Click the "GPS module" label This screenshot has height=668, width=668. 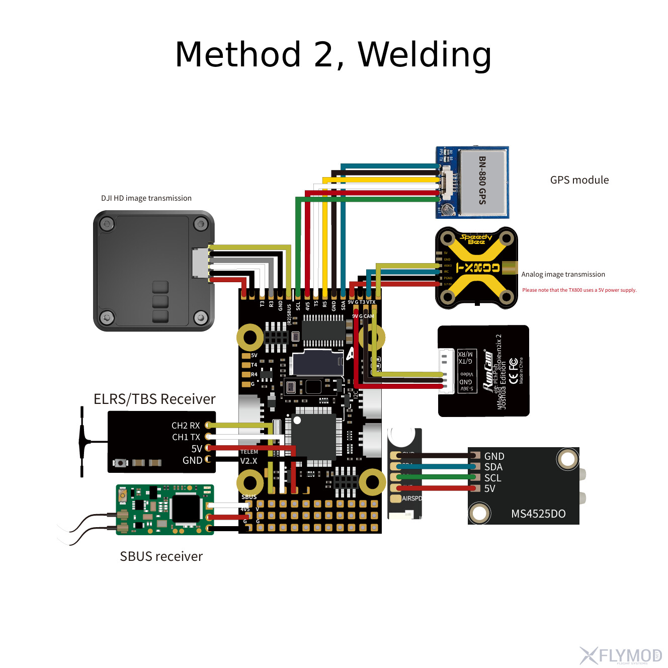579,180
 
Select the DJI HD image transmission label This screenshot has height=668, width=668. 146,198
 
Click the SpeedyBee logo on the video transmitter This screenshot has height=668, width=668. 476,239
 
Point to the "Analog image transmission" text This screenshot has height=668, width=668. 563,274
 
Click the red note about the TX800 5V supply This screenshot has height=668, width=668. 579,290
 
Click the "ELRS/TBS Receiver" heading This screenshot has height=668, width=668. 154,399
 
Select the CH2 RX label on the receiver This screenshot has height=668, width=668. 186,426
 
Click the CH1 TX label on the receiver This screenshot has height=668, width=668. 186,437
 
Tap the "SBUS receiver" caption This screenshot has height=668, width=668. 161,556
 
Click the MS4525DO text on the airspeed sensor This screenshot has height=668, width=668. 538,514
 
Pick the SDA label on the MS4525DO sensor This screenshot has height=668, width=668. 493,467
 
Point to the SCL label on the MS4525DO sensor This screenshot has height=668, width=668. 493,478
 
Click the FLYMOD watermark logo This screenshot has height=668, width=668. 621,656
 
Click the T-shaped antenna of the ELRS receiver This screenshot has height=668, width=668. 82,442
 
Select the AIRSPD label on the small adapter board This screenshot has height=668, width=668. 411,498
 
